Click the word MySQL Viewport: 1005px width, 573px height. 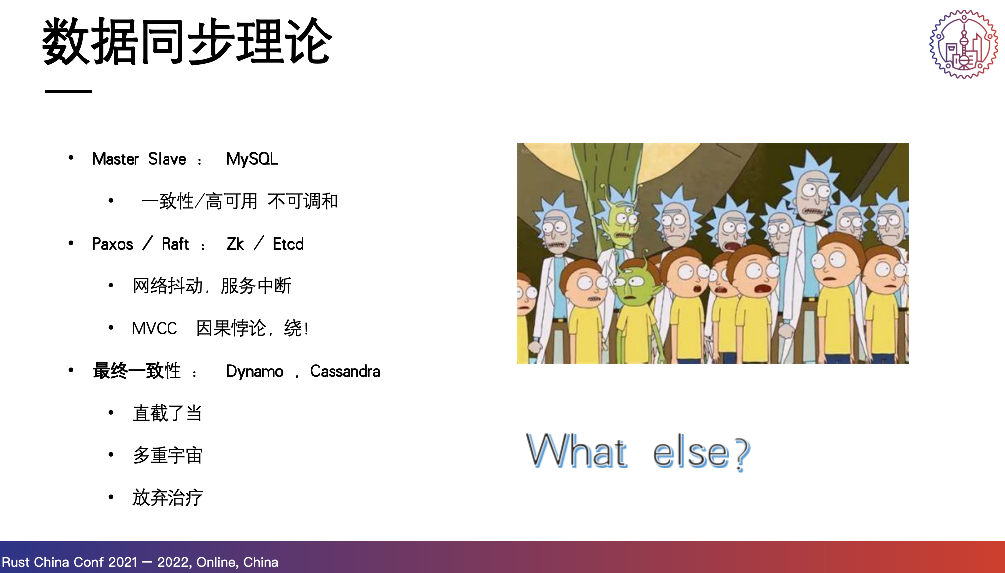(252, 159)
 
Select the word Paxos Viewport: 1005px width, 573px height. (113, 244)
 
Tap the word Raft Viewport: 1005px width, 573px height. (175, 244)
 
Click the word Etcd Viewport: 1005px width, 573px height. (288, 244)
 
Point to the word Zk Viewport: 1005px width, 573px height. (235, 244)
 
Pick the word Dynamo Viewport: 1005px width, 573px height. (255, 372)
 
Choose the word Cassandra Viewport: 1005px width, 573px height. (345, 371)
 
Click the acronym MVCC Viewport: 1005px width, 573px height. (155, 329)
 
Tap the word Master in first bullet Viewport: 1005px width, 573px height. (115, 159)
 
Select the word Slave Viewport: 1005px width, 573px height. (167, 159)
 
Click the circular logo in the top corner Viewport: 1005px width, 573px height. (964, 44)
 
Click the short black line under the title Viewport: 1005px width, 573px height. (68, 91)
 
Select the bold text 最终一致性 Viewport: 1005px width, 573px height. (137, 371)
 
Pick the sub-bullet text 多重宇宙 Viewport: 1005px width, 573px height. (167, 455)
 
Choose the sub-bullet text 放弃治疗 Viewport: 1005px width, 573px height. (167, 498)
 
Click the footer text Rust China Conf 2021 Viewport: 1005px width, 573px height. (70, 562)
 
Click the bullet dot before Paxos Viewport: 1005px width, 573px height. (71, 243)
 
